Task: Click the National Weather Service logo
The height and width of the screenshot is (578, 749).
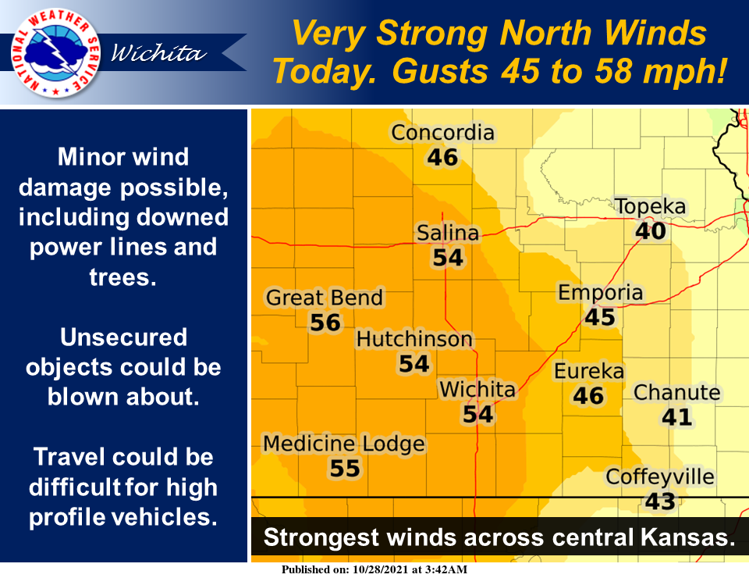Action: pyautogui.click(x=49, y=52)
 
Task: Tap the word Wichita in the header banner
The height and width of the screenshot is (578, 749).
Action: pyautogui.click(x=158, y=54)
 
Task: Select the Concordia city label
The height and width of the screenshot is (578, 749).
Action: pyautogui.click(x=442, y=133)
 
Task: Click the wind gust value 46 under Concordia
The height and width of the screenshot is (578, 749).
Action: pyautogui.click(x=442, y=158)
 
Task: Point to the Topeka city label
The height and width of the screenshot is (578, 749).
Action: pyautogui.click(x=650, y=207)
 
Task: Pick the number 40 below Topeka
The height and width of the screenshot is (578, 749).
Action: pyautogui.click(x=651, y=231)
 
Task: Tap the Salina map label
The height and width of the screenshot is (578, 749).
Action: pyautogui.click(x=447, y=233)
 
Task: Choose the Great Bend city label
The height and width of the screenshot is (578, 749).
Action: pyautogui.click(x=325, y=298)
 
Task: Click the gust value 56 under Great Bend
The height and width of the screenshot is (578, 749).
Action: pyautogui.click(x=325, y=323)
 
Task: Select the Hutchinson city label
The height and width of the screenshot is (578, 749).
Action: pyautogui.click(x=414, y=339)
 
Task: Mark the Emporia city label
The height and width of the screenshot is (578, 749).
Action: pyautogui.click(x=600, y=293)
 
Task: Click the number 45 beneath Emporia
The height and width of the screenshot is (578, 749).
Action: pyautogui.click(x=600, y=317)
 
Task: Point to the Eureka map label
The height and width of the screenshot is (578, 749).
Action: pyautogui.click(x=589, y=371)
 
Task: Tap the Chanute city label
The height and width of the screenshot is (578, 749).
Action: pyautogui.click(x=676, y=392)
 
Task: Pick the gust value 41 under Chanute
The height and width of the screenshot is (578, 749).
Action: pyautogui.click(x=676, y=417)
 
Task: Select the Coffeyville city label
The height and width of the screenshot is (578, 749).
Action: pyautogui.click(x=660, y=476)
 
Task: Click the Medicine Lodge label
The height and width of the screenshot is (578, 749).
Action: pyautogui.click(x=344, y=444)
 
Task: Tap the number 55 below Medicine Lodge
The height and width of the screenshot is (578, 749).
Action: pyautogui.click(x=344, y=469)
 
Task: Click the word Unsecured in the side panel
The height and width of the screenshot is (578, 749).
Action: pyautogui.click(x=123, y=337)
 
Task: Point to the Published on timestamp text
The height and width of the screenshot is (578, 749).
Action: pyautogui.click(x=374, y=570)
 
